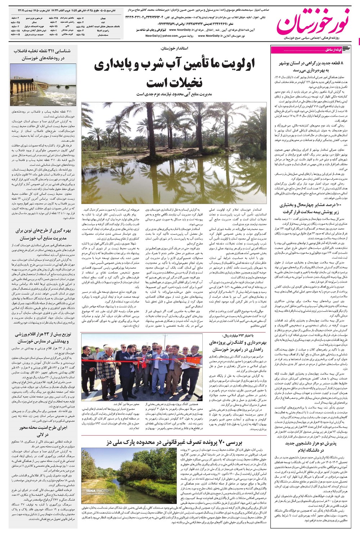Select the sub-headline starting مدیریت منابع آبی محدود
coord(174,94)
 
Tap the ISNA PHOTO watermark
coord(97,491)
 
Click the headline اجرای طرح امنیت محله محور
coord(44,431)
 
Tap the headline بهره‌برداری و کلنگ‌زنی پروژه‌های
coord(238,346)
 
